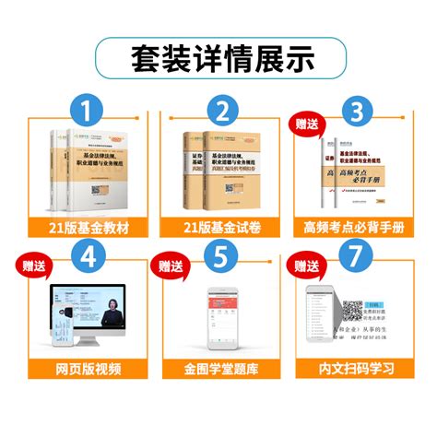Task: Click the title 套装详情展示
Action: pyautogui.click(x=218, y=56)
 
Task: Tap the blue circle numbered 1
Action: pyautogui.click(x=88, y=114)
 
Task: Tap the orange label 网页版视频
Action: pyautogui.click(x=88, y=370)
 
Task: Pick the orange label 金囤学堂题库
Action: pyautogui.click(x=219, y=370)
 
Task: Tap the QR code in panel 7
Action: pyautogui.click(x=348, y=306)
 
